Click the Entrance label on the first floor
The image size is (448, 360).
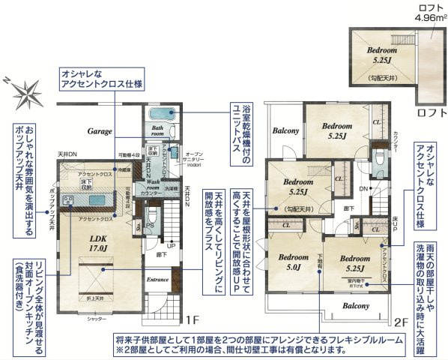point(158,279)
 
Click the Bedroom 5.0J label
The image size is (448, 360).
point(289,260)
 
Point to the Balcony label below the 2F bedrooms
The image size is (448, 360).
point(356,306)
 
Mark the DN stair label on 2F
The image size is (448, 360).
point(363,188)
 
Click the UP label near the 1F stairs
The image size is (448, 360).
point(172,244)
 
